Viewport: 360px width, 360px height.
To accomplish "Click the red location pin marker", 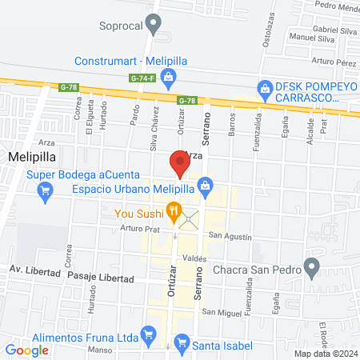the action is (x=179, y=165).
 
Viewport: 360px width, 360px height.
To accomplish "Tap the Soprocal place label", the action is (x=120, y=26).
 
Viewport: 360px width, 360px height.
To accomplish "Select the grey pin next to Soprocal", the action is (x=155, y=26).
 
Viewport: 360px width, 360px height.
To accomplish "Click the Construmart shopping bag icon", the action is (x=168, y=77).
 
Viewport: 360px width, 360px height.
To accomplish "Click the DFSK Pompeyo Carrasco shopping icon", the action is (x=264, y=88).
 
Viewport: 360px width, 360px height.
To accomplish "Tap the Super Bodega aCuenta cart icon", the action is (x=46, y=190).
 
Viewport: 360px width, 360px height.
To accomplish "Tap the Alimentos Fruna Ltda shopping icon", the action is (x=147, y=332).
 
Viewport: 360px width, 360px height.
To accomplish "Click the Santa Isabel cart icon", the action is (x=182, y=346).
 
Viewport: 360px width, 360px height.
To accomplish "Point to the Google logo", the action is (x=27, y=350).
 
